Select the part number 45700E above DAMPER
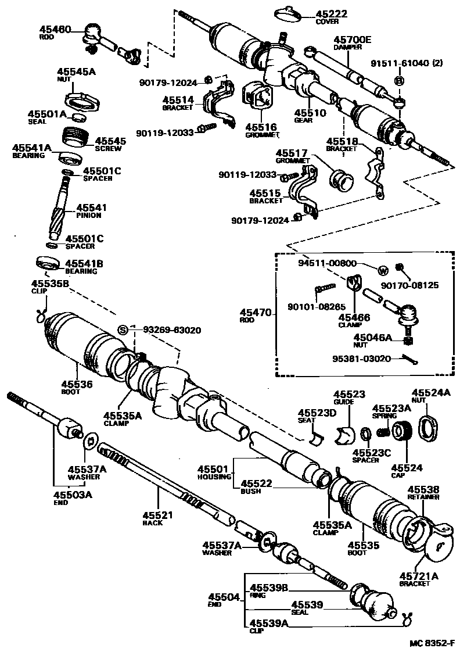pos(352,40)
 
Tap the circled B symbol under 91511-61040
pos(400,81)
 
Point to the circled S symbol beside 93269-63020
pos(123,330)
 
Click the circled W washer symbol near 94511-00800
pos(383,270)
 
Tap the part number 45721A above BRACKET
pos(419,576)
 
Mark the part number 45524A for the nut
pos(431,392)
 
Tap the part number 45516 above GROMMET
pos(260,127)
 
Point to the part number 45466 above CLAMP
pos(354,317)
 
